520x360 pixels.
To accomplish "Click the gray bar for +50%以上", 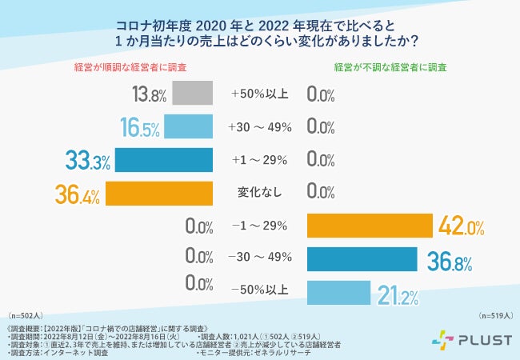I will [x=192, y=94].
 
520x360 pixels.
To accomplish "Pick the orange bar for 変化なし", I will [x=158, y=194].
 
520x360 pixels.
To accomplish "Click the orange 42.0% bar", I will [x=370, y=227].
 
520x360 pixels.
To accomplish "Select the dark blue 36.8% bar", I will [x=362, y=260].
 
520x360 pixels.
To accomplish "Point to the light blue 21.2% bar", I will [x=338, y=293].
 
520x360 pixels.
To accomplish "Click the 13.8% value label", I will [x=149, y=95].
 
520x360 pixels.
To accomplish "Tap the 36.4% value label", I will [x=79, y=194].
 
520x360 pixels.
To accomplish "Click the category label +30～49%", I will [x=259, y=127].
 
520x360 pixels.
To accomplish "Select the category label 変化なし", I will [x=259, y=194].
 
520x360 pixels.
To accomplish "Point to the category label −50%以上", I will [x=259, y=293].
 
